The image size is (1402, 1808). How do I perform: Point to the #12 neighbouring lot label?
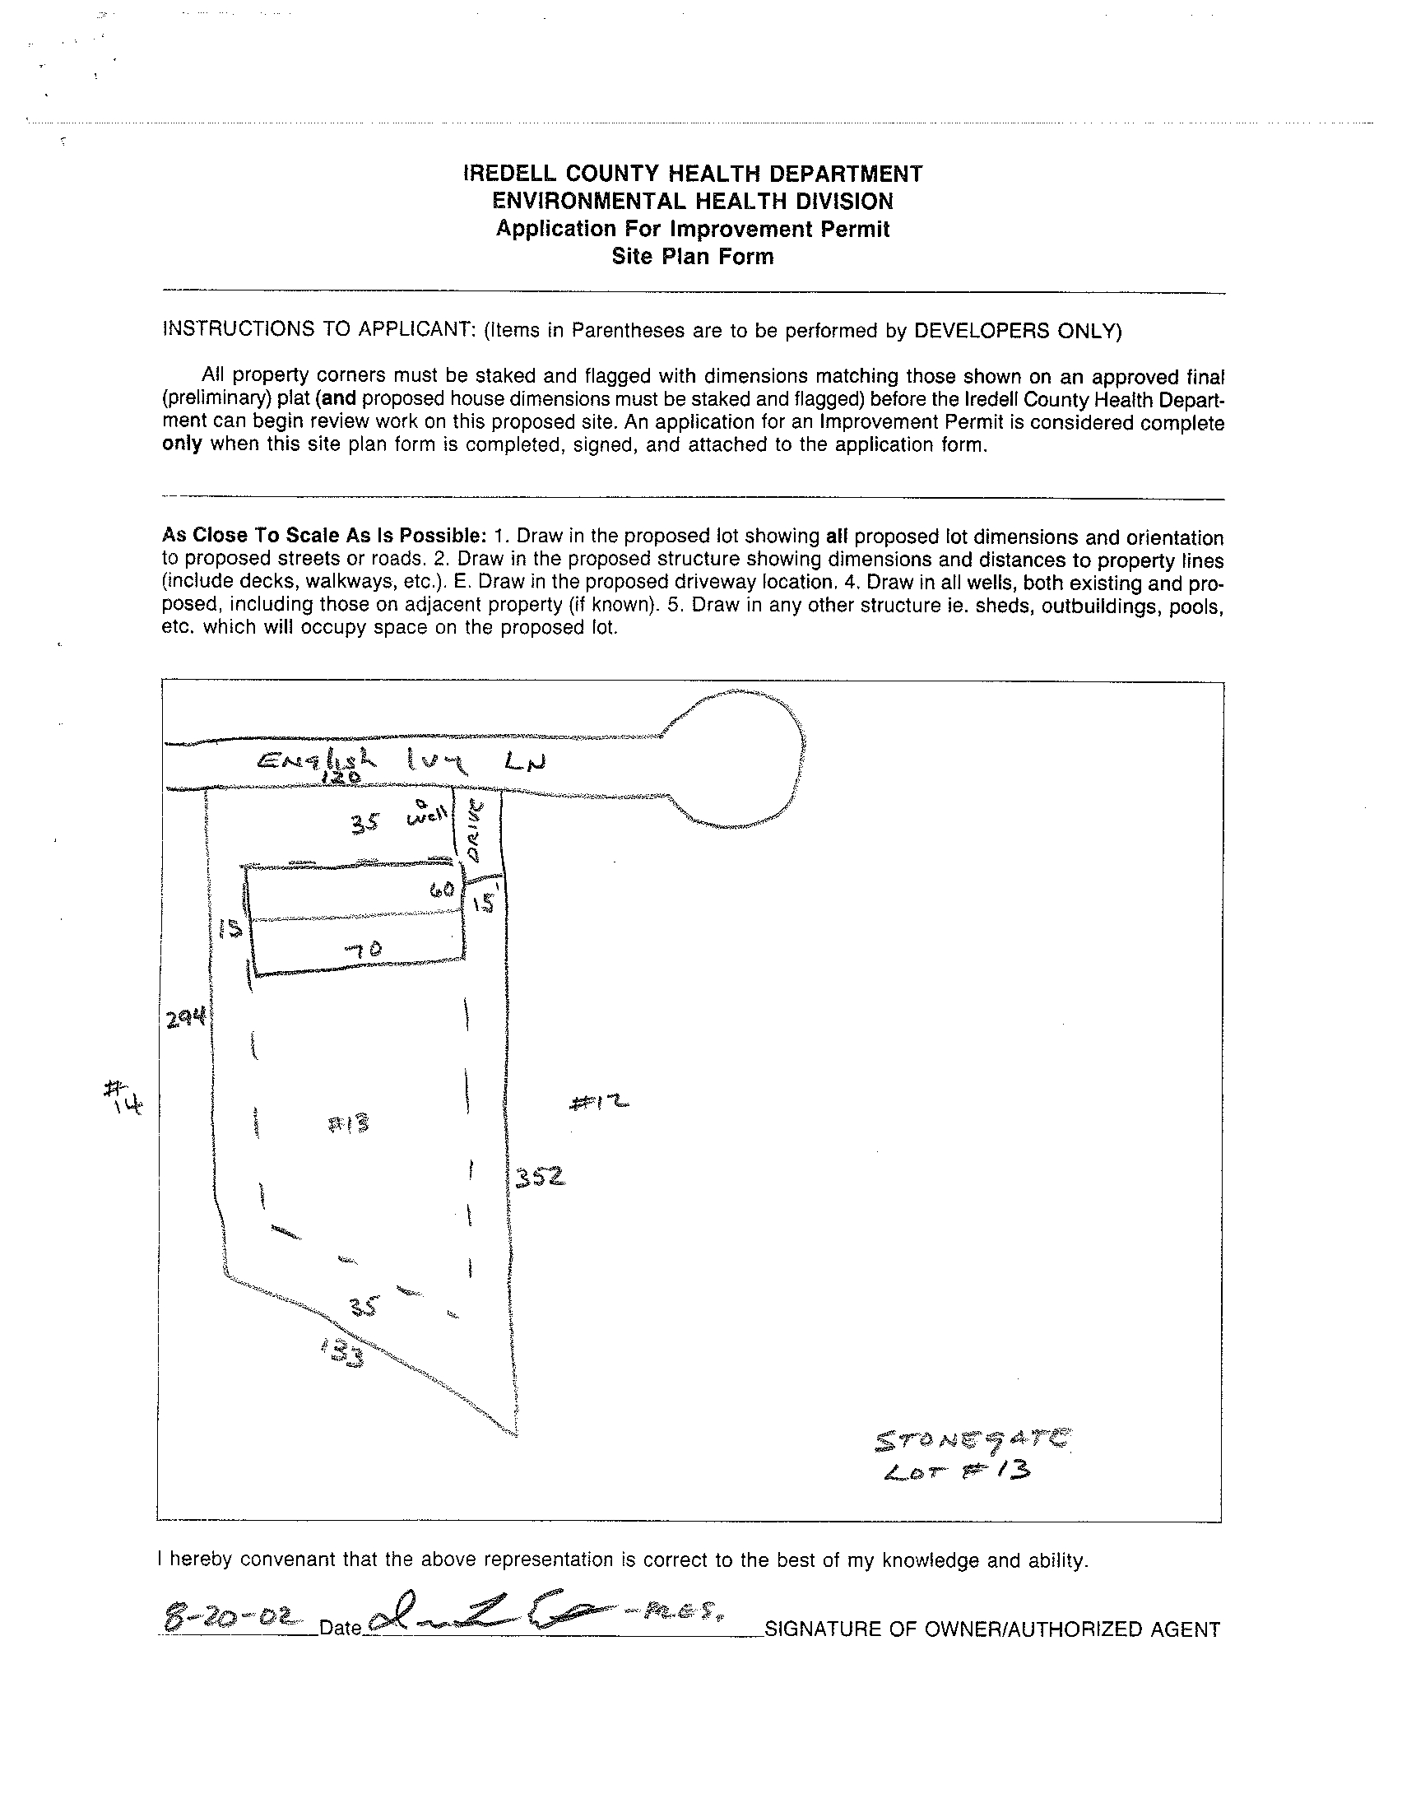(x=599, y=1103)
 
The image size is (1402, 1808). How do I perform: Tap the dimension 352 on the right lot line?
(x=540, y=1176)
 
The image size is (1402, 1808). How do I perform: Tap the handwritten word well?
(x=427, y=818)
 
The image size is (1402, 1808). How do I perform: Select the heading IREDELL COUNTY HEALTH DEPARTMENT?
(x=692, y=174)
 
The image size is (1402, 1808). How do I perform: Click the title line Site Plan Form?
(x=692, y=257)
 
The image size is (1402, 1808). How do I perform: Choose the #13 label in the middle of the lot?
(x=347, y=1123)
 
